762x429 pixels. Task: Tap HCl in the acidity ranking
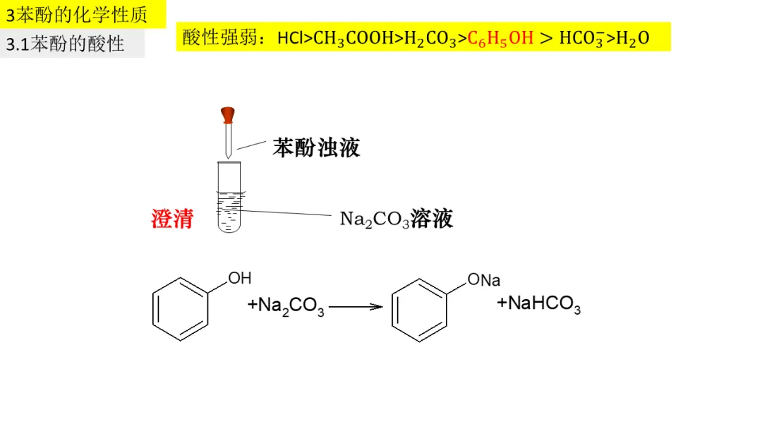click(x=291, y=37)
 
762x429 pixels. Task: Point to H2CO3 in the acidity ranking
click(x=431, y=37)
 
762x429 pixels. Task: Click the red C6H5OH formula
click(x=500, y=37)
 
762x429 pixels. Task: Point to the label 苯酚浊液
click(x=317, y=147)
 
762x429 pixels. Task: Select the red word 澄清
click(x=172, y=219)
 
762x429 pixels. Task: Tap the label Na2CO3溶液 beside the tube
click(x=396, y=219)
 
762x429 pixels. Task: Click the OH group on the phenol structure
click(x=239, y=278)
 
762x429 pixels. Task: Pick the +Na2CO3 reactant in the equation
click(x=286, y=306)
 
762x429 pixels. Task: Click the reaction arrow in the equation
click(x=356, y=307)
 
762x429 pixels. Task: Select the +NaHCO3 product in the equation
click(x=539, y=304)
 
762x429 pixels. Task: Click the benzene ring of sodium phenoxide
click(x=420, y=310)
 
